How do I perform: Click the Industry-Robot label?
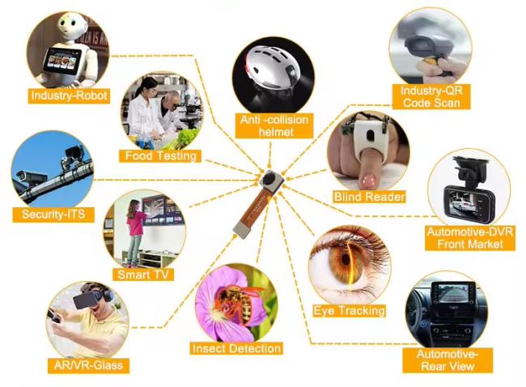pos(69,96)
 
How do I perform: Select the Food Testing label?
pos(160,155)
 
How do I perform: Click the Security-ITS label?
pos(53,214)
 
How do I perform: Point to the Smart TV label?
pos(143,274)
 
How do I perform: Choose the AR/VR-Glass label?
pos(88,365)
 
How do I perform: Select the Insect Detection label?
pos(236,348)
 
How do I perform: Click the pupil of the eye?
pos(346,260)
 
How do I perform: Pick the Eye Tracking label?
pos(349,311)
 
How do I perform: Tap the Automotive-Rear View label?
pos(448,360)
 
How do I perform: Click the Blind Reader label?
pos(370,197)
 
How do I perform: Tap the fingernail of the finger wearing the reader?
pos(369,181)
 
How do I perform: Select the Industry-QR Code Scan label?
pos(431,96)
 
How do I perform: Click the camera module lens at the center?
pos(269,179)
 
